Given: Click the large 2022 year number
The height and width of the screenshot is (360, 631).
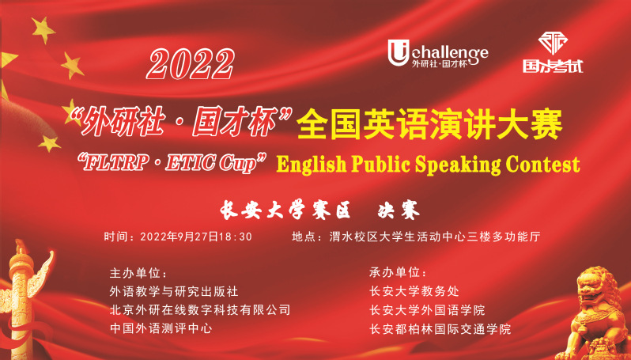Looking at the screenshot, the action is [x=191, y=63].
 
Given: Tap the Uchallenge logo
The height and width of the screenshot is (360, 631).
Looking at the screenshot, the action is [x=438, y=53].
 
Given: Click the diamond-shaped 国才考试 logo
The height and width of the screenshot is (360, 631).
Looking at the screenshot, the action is [x=553, y=53].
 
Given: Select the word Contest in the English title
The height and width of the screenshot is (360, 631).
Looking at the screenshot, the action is [x=543, y=165].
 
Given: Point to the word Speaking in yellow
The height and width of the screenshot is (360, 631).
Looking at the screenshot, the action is [x=458, y=165].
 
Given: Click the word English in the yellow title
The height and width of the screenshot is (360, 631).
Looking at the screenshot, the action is [x=311, y=165].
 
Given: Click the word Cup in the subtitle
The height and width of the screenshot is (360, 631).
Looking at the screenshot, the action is [x=241, y=164].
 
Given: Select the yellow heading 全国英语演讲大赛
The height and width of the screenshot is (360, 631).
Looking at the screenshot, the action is [x=429, y=124].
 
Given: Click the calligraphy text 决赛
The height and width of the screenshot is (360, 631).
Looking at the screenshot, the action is [x=399, y=210].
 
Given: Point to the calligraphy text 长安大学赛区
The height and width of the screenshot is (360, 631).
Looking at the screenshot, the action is [x=285, y=210].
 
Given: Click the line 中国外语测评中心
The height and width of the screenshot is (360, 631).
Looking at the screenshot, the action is [x=161, y=328].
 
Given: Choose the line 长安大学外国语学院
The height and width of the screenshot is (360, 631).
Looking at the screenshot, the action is [x=427, y=310].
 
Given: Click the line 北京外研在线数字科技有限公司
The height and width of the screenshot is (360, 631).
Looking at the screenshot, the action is [x=200, y=309].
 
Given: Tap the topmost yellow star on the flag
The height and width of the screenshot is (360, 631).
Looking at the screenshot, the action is [x=43, y=30].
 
